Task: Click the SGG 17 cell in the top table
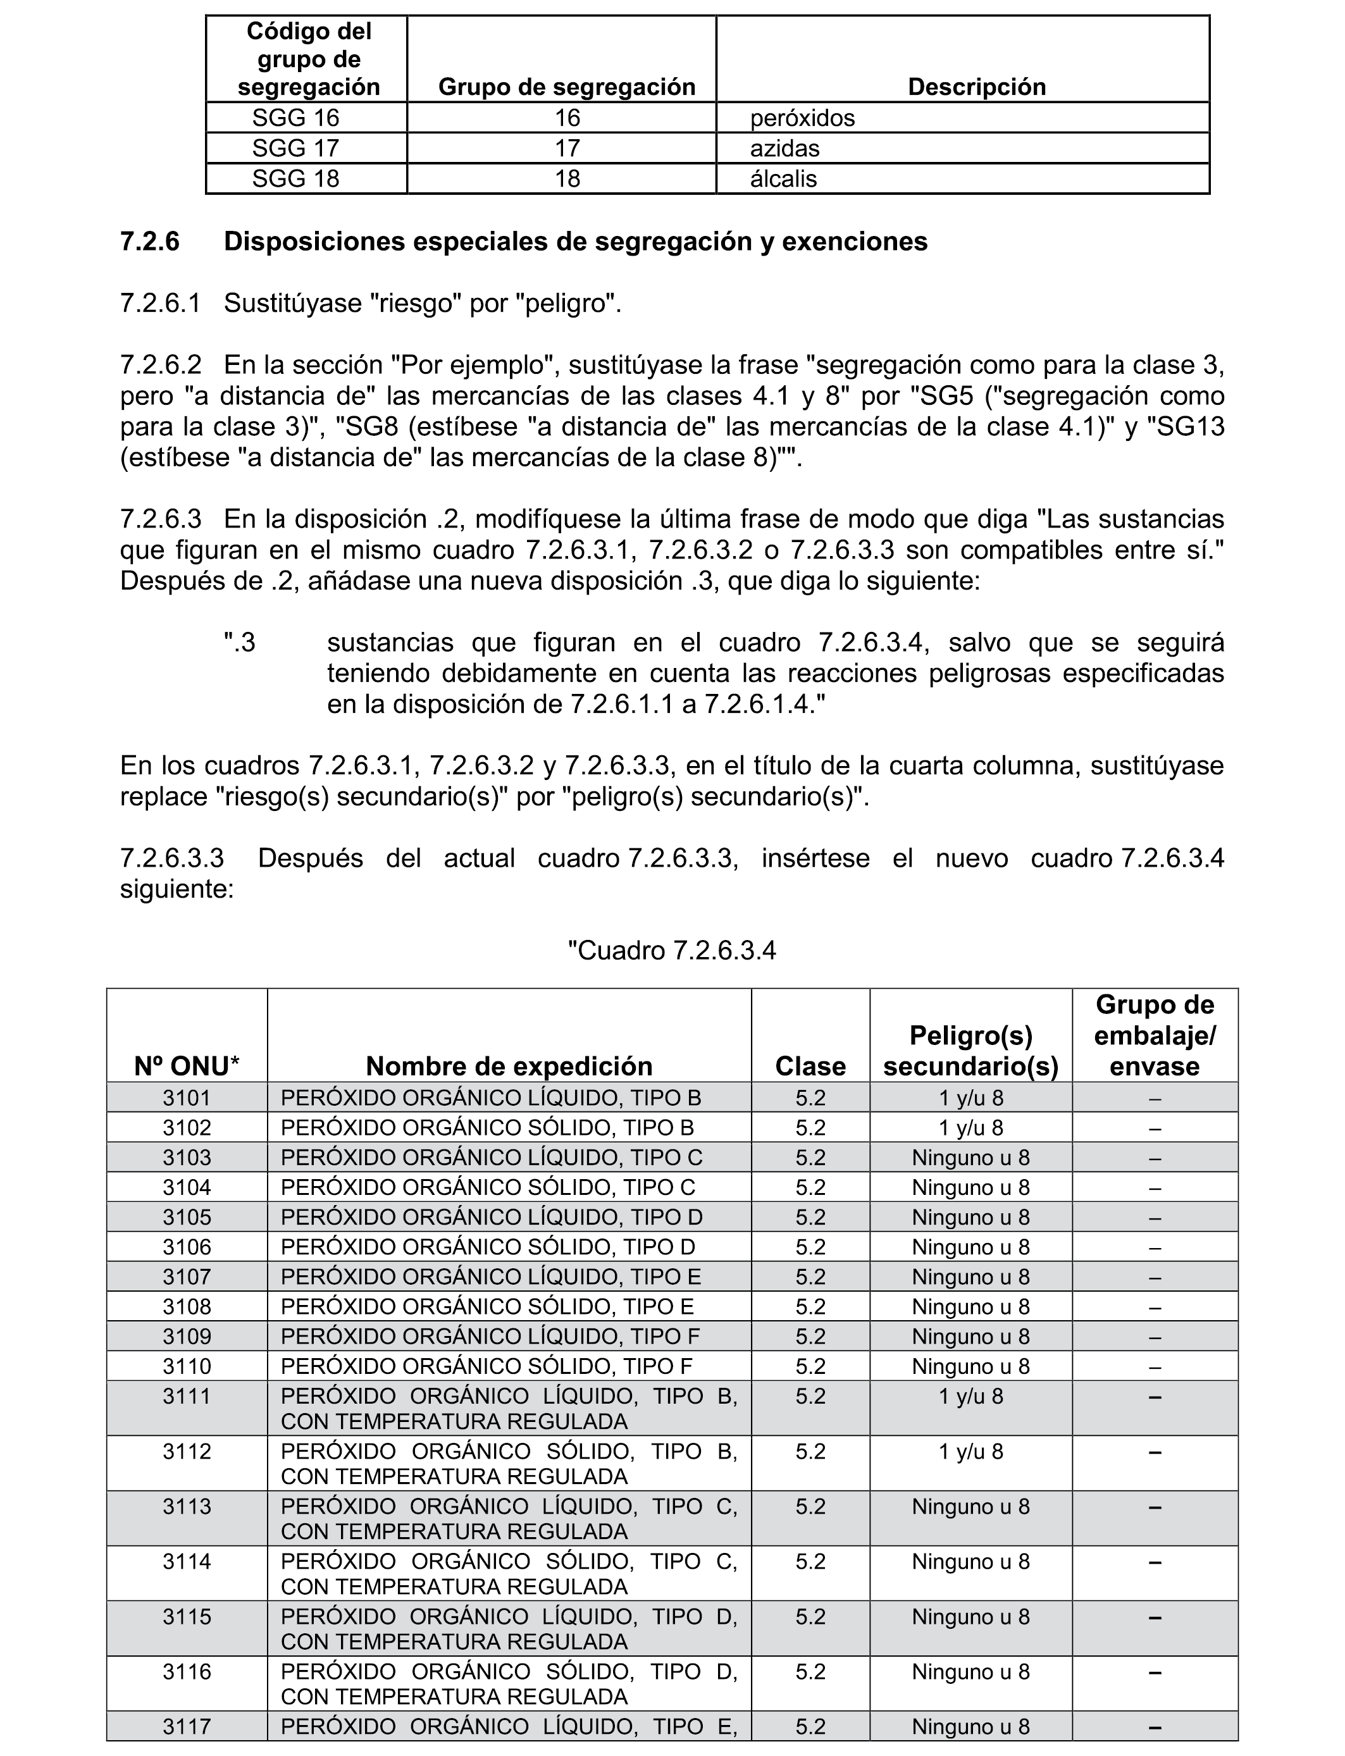click(x=295, y=148)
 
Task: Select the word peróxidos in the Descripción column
click(x=802, y=118)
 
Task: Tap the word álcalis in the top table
click(x=783, y=178)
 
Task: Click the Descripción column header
click(x=976, y=87)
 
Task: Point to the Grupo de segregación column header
click(x=567, y=87)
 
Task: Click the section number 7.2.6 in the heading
click(x=150, y=242)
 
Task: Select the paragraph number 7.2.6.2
click(x=160, y=365)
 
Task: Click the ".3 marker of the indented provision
click(x=239, y=643)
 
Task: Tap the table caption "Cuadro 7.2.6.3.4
click(x=672, y=951)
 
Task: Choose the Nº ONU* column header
click(x=187, y=1066)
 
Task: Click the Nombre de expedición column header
click(x=509, y=1066)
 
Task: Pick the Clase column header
click(x=810, y=1066)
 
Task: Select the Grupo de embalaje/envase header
click(x=1155, y=1036)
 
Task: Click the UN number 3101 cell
click(x=187, y=1098)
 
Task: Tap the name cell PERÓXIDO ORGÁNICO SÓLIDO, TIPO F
click(x=487, y=1366)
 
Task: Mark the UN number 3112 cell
click(x=187, y=1452)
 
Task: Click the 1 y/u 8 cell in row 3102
click(x=970, y=1128)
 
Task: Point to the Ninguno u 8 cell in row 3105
click(x=970, y=1217)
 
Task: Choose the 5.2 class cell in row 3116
click(x=810, y=1672)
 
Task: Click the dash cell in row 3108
click(x=1155, y=1307)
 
